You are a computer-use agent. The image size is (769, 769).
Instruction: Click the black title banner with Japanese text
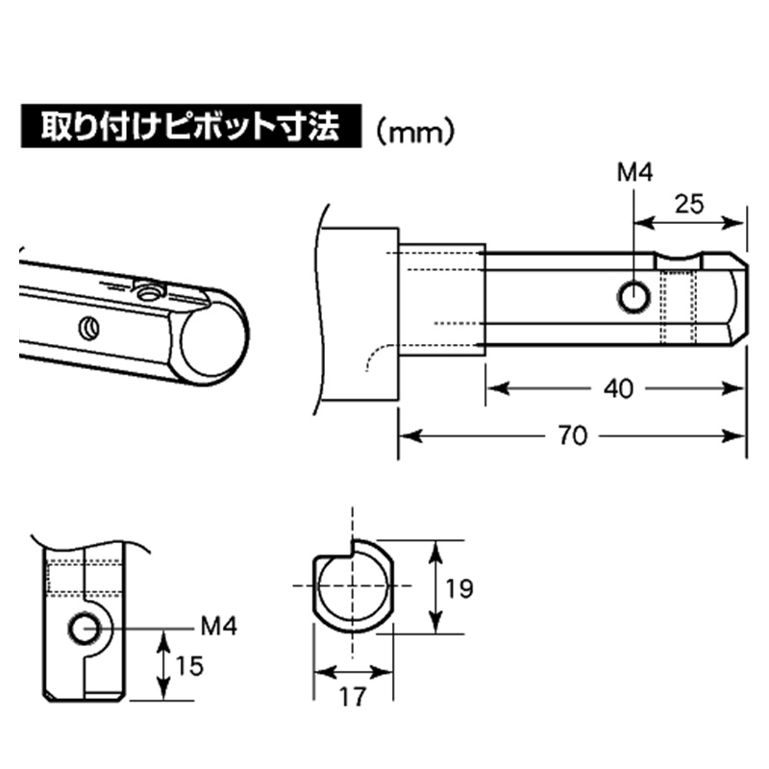pyautogui.click(x=189, y=127)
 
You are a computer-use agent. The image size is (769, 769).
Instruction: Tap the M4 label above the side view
pyautogui.click(x=633, y=173)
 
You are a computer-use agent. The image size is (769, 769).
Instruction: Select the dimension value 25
pyautogui.click(x=690, y=203)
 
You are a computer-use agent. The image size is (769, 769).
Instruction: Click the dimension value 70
pyautogui.click(x=571, y=435)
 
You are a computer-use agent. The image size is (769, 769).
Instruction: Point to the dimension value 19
pyautogui.click(x=459, y=588)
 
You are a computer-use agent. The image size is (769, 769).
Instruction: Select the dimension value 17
pyautogui.click(x=353, y=696)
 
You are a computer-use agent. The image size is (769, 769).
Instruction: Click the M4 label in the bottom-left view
pyautogui.click(x=218, y=628)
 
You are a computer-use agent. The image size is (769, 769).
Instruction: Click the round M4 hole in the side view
pyautogui.click(x=633, y=298)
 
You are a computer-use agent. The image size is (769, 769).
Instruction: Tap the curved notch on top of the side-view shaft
pyautogui.click(x=678, y=260)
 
